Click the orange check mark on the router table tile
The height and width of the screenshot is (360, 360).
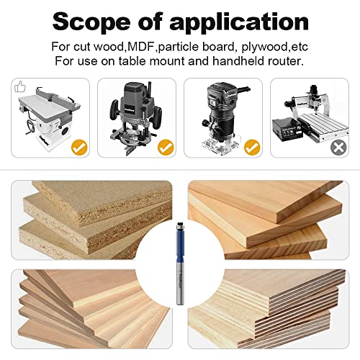[79, 148]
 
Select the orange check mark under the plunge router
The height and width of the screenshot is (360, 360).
[166, 148]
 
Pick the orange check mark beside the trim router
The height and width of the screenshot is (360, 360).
[252, 148]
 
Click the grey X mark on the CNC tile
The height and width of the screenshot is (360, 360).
[337, 148]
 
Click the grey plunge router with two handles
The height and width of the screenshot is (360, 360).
[134, 115]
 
